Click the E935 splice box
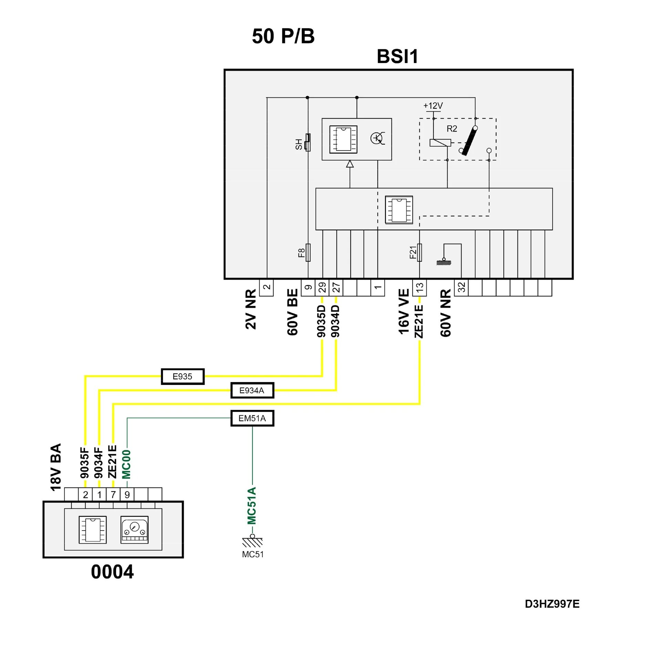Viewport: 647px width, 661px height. pos(182,376)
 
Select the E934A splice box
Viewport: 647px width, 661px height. pos(252,390)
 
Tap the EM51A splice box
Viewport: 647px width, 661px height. pos(252,418)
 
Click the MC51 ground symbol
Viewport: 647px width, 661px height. pos(252,543)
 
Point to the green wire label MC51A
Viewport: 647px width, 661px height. pos(252,505)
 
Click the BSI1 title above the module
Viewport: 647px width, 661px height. pos(397,56)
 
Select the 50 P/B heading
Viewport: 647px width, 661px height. pos(283,36)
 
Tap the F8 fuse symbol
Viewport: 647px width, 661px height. pos(308,252)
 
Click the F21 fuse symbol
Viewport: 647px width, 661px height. pos(419,252)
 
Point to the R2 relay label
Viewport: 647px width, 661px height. pos(452,129)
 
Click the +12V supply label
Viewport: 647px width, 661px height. pos(433,106)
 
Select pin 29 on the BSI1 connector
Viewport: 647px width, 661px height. pos(322,287)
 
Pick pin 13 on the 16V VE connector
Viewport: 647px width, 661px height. pos(419,287)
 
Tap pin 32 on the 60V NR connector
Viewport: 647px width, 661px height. pos(461,287)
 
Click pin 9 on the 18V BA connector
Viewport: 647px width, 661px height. pos(127,495)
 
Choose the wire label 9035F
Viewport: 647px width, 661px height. pos(85,463)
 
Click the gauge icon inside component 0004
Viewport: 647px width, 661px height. pos(134,529)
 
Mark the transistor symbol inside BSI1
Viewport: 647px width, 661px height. pos(377,138)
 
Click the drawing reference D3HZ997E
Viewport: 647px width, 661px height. pos(552,604)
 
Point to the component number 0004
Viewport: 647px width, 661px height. pos(112,572)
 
